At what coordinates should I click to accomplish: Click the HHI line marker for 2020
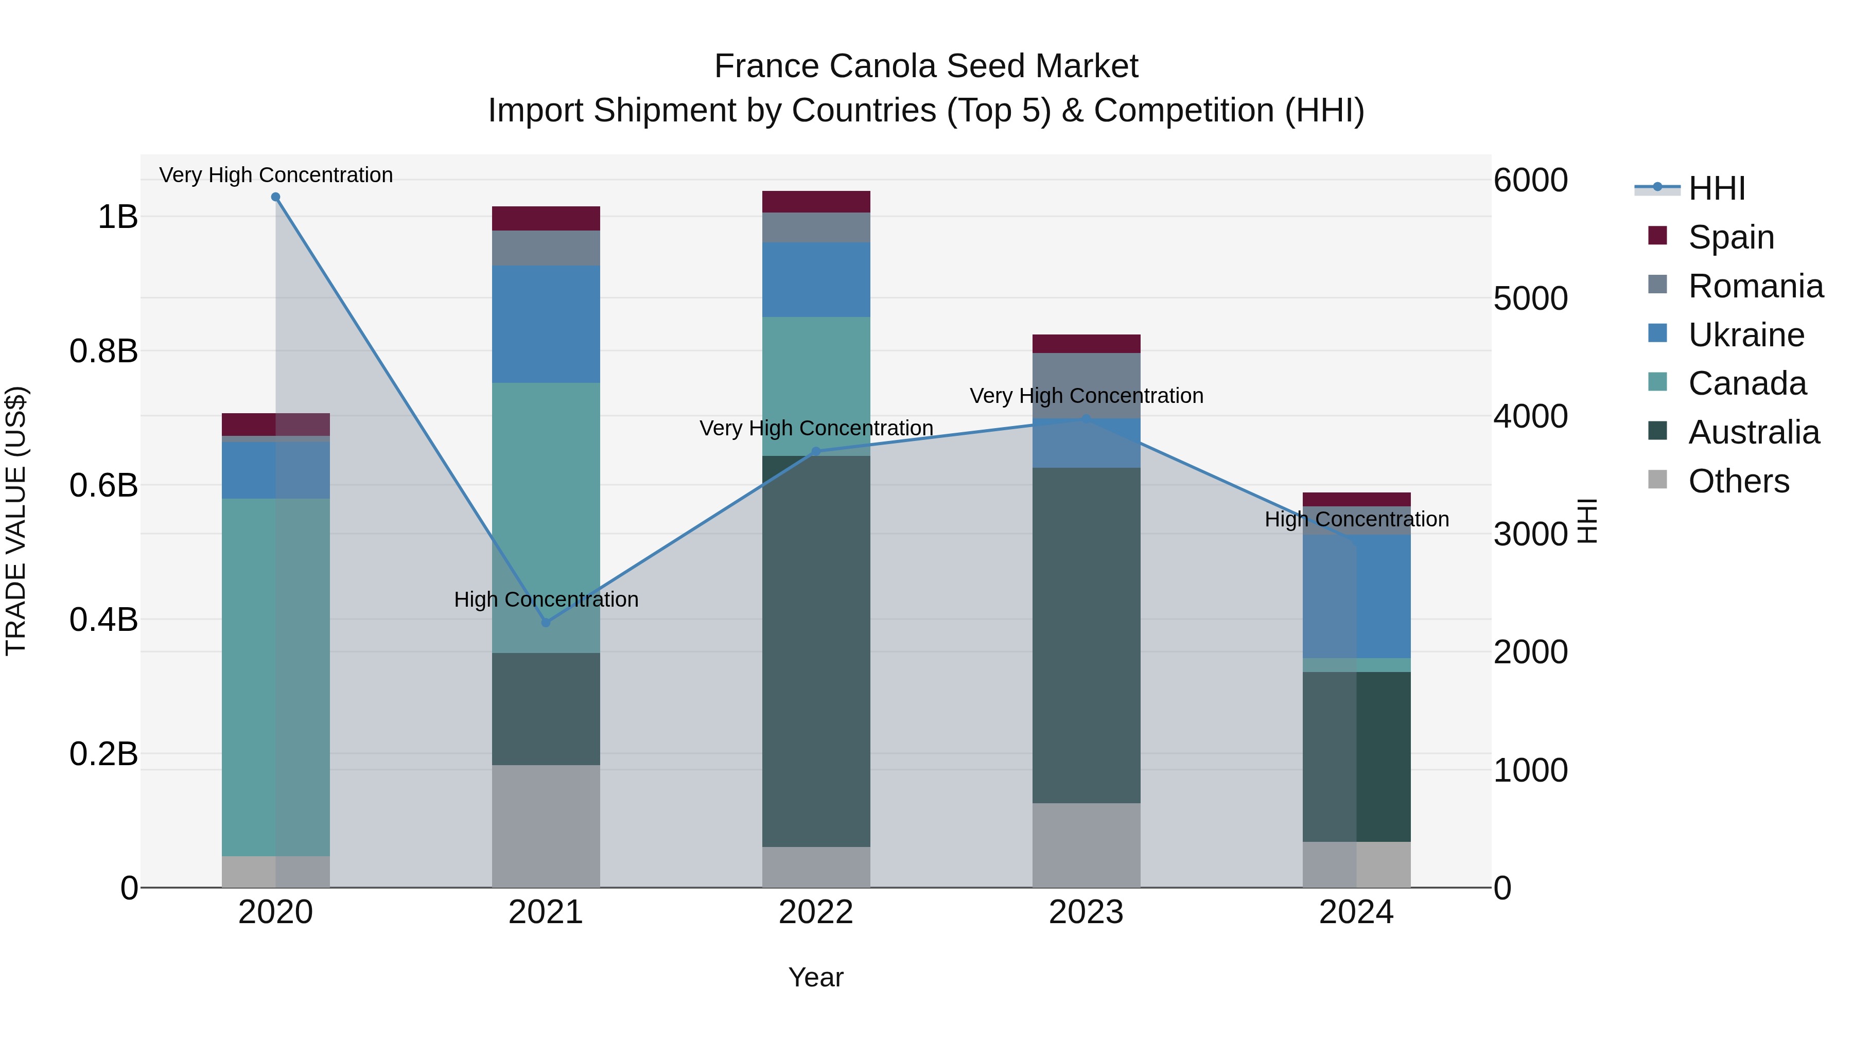(x=275, y=197)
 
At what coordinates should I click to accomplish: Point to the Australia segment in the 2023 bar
(x=1086, y=635)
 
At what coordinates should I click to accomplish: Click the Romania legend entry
(x=1755, y=286)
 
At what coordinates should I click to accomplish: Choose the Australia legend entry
(x=1753, y=432)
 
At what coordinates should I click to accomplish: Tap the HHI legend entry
(x=1716, y=188)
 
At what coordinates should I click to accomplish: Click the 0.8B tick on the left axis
(x=103, y=351)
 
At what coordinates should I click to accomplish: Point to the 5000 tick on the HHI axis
(x=1530, y=298)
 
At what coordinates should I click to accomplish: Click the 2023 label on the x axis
(x=1086, y=912)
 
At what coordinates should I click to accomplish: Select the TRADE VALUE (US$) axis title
(x=16, y=521)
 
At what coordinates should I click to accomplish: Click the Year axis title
(x=816, y=977)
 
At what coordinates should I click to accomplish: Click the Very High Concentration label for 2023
(x=1086, y=396)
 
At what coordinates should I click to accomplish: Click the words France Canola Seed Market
(x=926, y=66)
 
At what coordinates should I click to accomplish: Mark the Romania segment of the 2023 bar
(x=1086, y=385)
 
